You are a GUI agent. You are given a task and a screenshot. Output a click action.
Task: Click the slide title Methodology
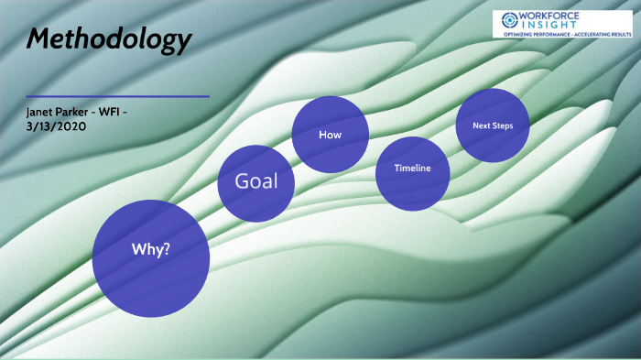(x=109, y=39)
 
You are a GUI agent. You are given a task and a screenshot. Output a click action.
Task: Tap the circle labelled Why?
(x=152, y=259)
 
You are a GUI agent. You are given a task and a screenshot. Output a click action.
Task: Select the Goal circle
(x=256, y=183)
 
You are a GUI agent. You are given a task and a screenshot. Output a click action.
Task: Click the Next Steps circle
(x=494, y=125)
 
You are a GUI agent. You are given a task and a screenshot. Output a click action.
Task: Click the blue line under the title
(x=118, y=96)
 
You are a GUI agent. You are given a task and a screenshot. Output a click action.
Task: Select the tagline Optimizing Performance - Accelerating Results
(x=560, y=34)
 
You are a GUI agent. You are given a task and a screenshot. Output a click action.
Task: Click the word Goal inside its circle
(x=256, y=180)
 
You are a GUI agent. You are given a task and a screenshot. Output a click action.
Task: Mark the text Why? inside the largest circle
(x=152, y=249)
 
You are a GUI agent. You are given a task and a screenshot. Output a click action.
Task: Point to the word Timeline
(x=412, y=169)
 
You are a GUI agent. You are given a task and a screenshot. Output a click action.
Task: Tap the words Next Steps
(x=494, y=125)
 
